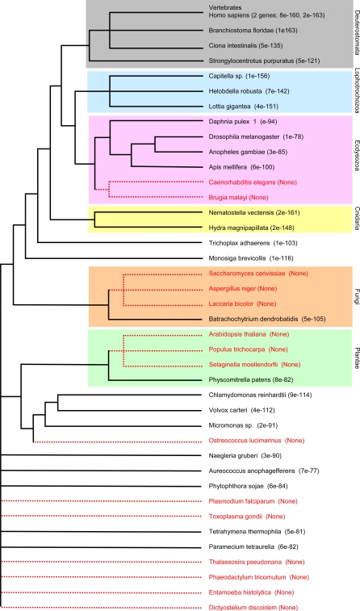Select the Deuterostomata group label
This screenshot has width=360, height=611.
pyautogui.click(x=356, y=35)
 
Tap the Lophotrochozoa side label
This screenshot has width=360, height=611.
pyautogui.click(x=356, y=90)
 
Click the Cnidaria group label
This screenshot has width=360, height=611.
pyautogui.click(x=356, y=219)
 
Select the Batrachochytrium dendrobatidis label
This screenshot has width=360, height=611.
pyautogui.click(x=253, y=319)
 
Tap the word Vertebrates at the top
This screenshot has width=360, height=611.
pyautogui.click(x=225, y=7)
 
